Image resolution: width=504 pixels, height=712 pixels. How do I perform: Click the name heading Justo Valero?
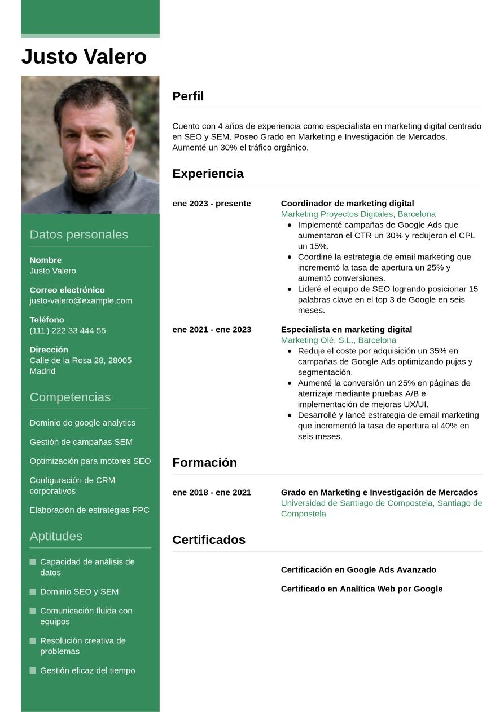[x=84, y=57]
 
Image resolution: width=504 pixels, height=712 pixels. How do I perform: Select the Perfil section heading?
[x=188, y=96]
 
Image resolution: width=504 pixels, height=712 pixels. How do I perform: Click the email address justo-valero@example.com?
[x=81, y=300]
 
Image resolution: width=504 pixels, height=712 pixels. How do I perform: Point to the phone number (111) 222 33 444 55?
[x=68, y=330]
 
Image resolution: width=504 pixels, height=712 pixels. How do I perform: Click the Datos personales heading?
[x=78, y=235]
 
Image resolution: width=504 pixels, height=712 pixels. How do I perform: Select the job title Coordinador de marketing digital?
[x=347, y=203]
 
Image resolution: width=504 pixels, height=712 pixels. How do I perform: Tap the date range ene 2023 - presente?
[x=211, y=203]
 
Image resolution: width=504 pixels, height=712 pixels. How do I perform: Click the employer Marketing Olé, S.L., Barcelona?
[x=338, y=340]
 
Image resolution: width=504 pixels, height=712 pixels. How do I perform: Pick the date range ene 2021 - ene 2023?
[x=212, y=329]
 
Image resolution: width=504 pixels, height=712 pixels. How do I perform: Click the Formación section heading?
[x=204, y=462]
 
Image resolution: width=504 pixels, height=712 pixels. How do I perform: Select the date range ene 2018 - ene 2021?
[x=212, y=492]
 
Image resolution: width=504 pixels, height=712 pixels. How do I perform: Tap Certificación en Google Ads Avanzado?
[x=358, y=569]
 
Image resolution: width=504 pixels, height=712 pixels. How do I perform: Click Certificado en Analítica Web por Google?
[x=361, y=589]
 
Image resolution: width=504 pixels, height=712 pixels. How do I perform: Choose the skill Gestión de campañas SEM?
[x=81, y=442]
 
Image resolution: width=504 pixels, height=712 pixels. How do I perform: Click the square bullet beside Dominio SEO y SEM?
[x=33, y=591]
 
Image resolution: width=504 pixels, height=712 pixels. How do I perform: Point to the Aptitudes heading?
[x=56, y=536]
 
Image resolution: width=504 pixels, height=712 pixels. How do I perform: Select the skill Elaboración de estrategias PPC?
[x=89, y=510]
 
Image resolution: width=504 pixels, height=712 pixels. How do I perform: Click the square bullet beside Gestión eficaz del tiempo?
[x=33, y=670]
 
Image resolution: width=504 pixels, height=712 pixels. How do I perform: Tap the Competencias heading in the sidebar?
[x=70, y=397]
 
